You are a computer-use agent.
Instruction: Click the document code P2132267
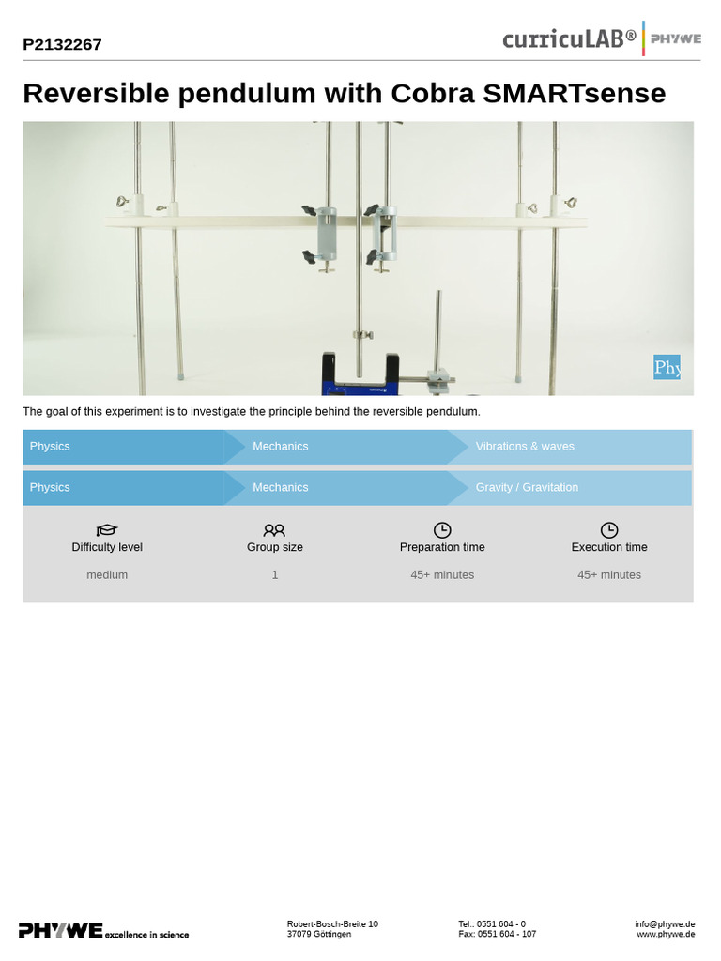(x=62, y=44)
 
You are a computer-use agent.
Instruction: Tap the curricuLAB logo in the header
(x=569, y=38)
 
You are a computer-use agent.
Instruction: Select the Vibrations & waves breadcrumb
(x=525, y=447)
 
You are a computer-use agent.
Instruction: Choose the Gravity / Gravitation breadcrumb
(x=527, y=488)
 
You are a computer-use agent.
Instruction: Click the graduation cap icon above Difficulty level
(x=107, y=530)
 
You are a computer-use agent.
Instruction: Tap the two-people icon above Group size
(x=274, y=530)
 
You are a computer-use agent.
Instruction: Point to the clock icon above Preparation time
(x=442, y=530)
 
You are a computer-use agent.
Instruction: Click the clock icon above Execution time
(x=609, y=530)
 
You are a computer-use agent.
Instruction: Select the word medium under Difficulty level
(x=107, y=575)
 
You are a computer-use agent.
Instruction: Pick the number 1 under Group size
(x=275, y=575)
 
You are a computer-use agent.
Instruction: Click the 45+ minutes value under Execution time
(x=609, y=575)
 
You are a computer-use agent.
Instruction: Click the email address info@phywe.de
(x=665, y=924)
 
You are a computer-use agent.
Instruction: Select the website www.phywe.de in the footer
(x=666, y=935)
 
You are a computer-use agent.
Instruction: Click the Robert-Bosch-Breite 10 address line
(x=332, y=924)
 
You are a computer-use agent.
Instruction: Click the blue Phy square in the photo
(x=667, y=367)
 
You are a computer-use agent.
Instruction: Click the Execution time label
(x=609, y=548)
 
